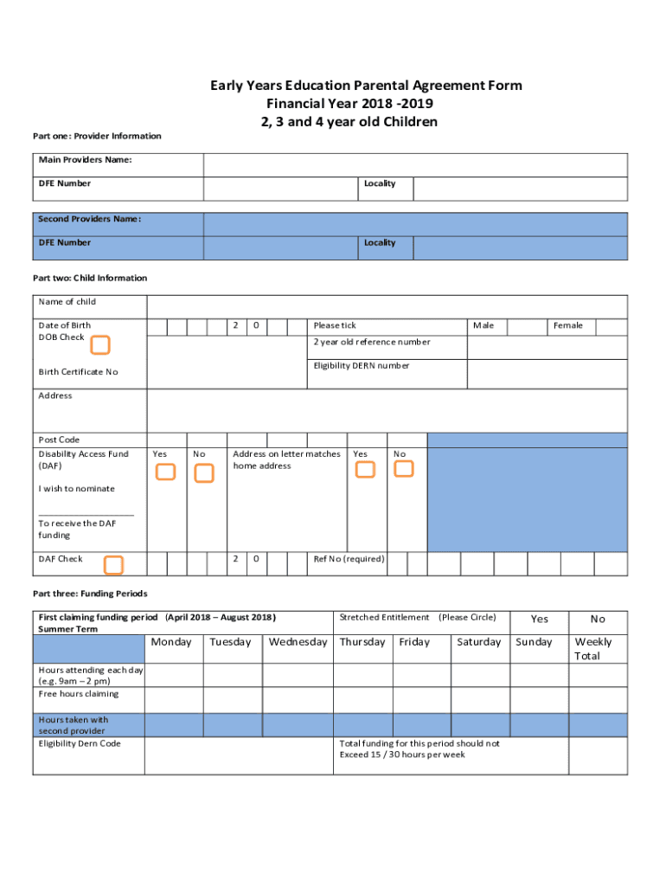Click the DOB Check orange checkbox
pyautogui.click(x=100, y=345)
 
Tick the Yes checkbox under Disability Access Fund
pyautogui.click(x=165, y=472)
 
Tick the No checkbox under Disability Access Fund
pyautogui.click(x=204, y=473)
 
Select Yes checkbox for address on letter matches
pyautogui.click(x=366, y=469)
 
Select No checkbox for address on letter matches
pyautogui.click(x=404, y=468)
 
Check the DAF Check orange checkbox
pyautogui.click(x=113, y=565)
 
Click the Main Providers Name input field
pyautogui.click(x=415, y=164)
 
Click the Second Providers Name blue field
pyautogui.click(x=415, y=224)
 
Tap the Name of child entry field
pyautogui.click(x=387, y=306)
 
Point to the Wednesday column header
pyautogui.click(x=298, y=642)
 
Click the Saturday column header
pyautogui.click(x=478, y=642)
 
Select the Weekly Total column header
pyautogui.click(x=593, y=649)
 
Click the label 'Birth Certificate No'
pyautogui.click(x=78, y=372)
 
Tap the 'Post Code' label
pyautogui.click(x=59, y=440)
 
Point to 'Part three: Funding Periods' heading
pyautogui.click(x=90, y=594)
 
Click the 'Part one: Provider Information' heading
pyautogui.click(x=97, y=136)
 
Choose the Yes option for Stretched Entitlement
pyautogui.click(x=539, y=619)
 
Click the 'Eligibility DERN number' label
pyautogui.click(x=362, y=366)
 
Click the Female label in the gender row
pyautogui.click(x=568, y=325)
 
